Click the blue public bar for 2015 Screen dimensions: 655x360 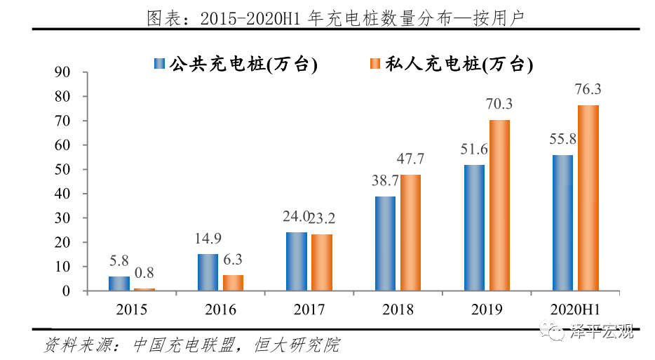tap(119, 284)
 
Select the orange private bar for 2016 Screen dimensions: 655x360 tap(233, 283)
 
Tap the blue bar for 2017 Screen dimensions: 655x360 tap(297, 261)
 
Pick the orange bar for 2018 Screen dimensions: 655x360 tap(411, 232)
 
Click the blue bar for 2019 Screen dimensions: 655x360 tap(474, 228)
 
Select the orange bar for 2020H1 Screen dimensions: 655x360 tap(588, 198)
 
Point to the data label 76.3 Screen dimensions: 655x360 tap(588, 89)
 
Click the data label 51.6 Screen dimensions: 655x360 tap(474, 149)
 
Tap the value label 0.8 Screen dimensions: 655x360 tap(144, 272)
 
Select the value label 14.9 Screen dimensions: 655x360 tap(208, 239)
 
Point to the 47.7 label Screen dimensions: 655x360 tap(410, 159)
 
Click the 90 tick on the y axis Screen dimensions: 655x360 tap(62, 72)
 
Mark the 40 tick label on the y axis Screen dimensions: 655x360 tap(62, 194)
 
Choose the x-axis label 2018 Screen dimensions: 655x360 tap(398, 309)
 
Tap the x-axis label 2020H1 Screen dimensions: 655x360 tap(575, 309)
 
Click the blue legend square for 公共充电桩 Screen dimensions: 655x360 tap(159, 64)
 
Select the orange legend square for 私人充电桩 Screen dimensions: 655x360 tap(375, 64)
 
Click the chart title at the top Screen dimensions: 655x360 tap(335, 18)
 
